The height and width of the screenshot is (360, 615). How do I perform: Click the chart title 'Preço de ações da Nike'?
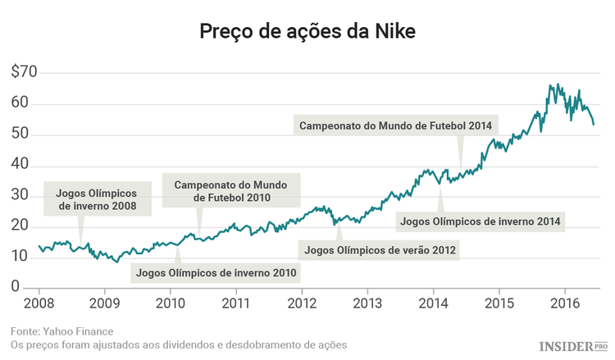pyautogui.click(x=307, y=32)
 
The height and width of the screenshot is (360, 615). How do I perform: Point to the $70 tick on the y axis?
pyautogui.click(x=24, y=72)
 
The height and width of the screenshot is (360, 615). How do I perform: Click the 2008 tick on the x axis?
pyautogui.click(x=39, y=304)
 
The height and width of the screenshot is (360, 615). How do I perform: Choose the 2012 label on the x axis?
pyautogui.click(x=302, y=304)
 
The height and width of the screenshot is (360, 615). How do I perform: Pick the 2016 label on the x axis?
pyautogui.click(x=565, y=304)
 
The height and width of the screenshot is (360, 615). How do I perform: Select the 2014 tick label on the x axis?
pyautogui.click(x=433, y=304)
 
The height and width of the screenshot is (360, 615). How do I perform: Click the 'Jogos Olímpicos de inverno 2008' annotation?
pyautogui.click(x=96, y=200)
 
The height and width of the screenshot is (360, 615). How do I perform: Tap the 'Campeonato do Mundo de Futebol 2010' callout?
pyautogui.click(x=230, y=190)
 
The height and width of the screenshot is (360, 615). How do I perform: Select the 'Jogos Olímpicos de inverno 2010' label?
pyautogui.click(x=216, y=272)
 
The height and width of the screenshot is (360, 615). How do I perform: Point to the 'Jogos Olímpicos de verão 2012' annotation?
pyautogui.click(x=380, y=249)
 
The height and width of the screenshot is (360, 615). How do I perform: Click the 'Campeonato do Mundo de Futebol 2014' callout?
pyautogui.click(x=395, y=126)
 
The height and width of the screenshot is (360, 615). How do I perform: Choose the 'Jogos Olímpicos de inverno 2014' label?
pyautogui.click(x=480, y=221)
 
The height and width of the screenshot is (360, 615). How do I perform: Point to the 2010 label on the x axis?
pyautogui.click(x=171, y=304)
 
